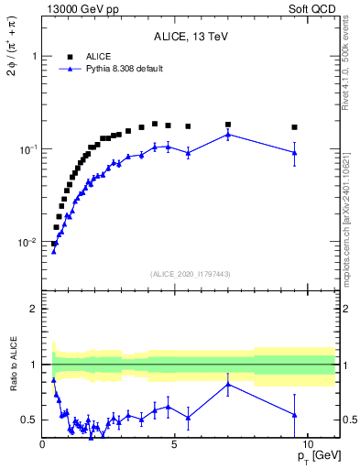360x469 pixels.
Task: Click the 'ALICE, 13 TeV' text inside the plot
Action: click(191, 38)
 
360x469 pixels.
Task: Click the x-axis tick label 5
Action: click(175, 443)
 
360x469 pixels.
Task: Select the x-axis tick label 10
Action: click(307, 443)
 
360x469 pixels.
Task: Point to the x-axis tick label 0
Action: click(43, 443)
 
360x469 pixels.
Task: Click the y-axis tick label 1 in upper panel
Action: click(33, 56)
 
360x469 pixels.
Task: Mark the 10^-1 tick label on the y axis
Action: click(27, 149)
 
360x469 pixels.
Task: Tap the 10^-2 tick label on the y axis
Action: click(27, 243)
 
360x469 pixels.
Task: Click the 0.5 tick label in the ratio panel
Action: click(29, 420)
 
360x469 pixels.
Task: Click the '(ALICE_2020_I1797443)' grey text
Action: click(191, 274)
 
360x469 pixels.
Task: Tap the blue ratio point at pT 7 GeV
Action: click(228, 384)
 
